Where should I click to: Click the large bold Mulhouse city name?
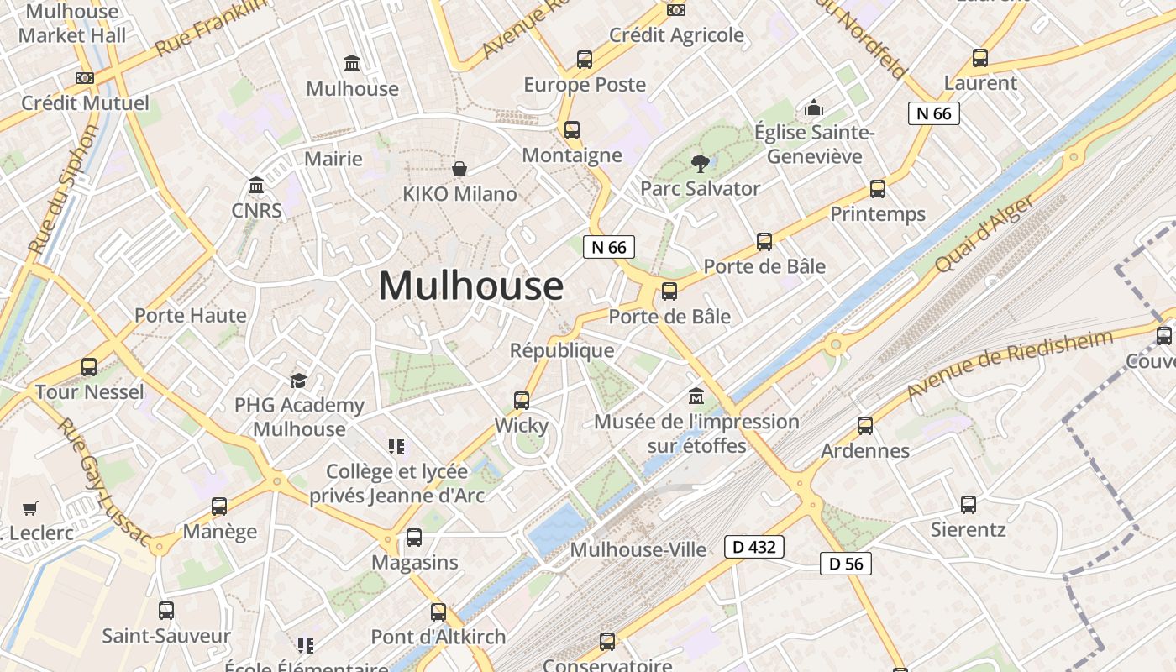coord(470,286)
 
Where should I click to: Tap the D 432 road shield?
coord(754,548)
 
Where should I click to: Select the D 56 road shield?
coord(846,564)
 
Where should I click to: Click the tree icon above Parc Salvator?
coord(699,163)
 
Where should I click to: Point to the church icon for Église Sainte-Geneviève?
coord(813,108)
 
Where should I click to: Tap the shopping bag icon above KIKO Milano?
coord(459,169)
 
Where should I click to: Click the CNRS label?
coord(256,210)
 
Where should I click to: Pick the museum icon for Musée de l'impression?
coord(696,396)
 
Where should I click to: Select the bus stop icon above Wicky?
coord(522,400)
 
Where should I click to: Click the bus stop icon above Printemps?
coord(878,189)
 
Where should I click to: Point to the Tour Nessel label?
coord(90,391)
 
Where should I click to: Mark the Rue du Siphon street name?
coord(63,190)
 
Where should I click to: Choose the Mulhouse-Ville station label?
coord(638,549)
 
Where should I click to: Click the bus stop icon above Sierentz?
coord(969,505)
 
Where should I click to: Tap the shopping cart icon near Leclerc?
coord(30,508)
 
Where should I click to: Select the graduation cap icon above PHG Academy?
coord(298,381)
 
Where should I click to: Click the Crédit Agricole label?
coord(676,34)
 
